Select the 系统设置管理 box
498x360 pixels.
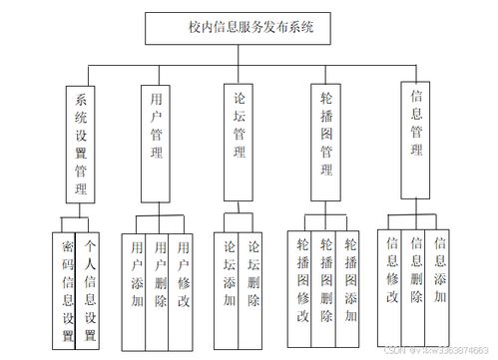pyautogui.click(x=80, y=143)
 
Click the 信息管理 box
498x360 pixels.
pyautogui.click(x=416, y=128)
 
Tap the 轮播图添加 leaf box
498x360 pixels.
pyautogui.click(x=349, y=279)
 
